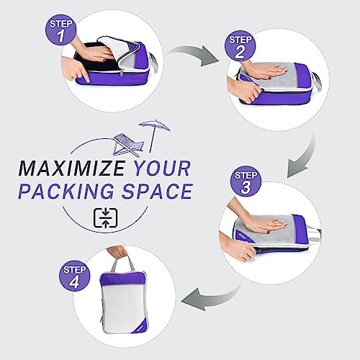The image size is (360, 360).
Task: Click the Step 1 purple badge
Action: click(60, 30)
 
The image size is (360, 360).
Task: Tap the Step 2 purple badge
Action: click(240, 45)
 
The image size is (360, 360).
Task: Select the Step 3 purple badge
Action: click(246, 181)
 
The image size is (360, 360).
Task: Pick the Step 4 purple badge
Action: click(74, 276)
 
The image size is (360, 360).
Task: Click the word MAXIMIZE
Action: click(72, 168)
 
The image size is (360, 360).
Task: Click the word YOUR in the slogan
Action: click(162, 168)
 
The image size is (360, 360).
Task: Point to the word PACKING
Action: click(66, 192)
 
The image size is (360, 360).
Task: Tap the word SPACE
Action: click(158, 192)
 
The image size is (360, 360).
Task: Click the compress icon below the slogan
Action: click(105, 218)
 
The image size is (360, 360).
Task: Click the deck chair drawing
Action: click(128, 145)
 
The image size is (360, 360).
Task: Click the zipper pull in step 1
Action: click(122, 73)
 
